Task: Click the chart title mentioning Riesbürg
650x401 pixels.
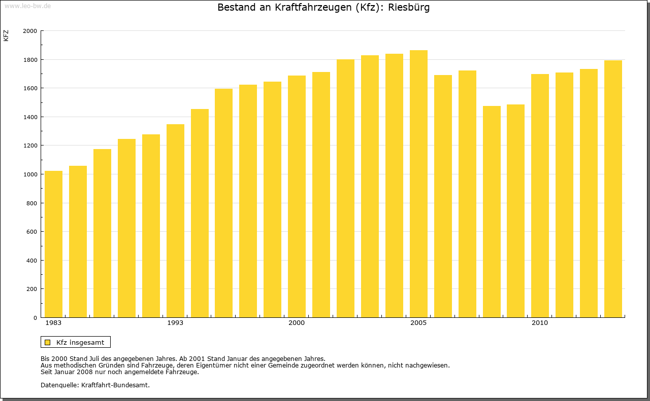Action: [x=323, y=8]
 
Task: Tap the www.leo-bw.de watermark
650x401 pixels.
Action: [x=27, y=6]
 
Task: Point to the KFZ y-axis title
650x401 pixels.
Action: [x=6, y=35]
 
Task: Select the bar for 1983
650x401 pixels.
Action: [x=53, y=244]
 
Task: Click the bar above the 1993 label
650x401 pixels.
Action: [x=175, y=221]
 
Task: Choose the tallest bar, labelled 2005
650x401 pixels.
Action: [x=418, y=184]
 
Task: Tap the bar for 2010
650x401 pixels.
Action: [x=540, y=196]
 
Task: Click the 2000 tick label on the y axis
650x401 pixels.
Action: [x=30, y=31]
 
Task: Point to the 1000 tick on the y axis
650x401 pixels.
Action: [x=30, y=174]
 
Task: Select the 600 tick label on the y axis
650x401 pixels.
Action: [x=32, y=232]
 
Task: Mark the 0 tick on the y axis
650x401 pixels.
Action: [x=35, y=318]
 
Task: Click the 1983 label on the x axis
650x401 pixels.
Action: [x=53, y=323]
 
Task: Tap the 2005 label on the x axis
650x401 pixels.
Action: [x=418, y=323]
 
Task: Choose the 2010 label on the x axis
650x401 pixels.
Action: [x=540, y=323]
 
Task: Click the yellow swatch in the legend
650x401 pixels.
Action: [x=47, y=342]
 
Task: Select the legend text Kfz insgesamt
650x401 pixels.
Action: [x=80, y=342]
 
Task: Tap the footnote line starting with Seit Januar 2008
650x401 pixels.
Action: [x=119, y=372]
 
